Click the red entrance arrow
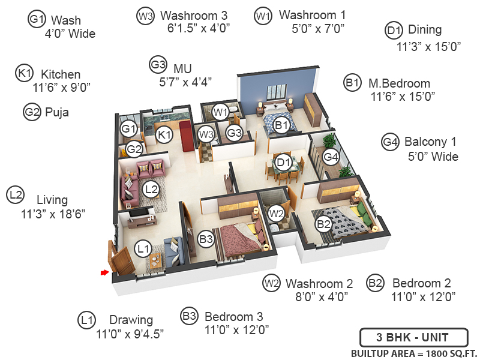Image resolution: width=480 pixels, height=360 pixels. click(104, 273)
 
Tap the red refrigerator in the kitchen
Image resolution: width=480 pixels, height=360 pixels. click(184, 135)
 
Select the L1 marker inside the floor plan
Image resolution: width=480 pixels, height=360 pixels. click(143, 248)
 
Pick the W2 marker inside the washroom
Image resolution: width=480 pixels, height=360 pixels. click(275, 212)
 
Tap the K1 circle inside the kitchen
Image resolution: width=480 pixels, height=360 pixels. click(164, 136)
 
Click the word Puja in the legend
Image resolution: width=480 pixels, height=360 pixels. click(57, 112)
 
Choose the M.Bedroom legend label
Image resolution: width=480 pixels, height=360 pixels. click(399, 83)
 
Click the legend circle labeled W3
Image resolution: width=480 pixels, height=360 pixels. click(145, 16)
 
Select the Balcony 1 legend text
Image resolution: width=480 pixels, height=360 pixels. click(430, 142)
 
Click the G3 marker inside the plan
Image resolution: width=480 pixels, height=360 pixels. click(233, 133)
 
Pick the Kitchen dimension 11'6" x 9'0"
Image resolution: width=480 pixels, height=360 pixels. click(61, 86)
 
